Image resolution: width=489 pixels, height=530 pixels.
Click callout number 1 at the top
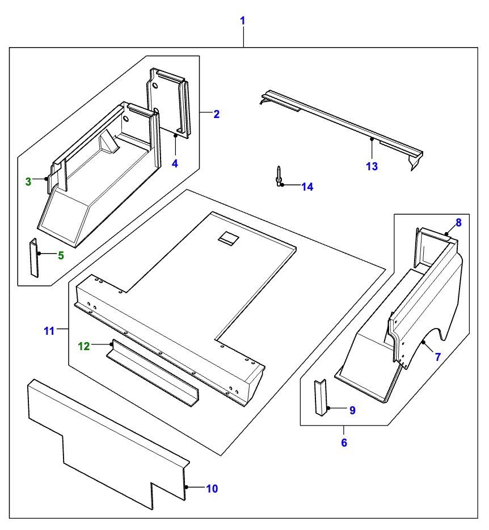tap(243, 21)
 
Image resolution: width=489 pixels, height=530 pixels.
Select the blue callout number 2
tap(216, 114)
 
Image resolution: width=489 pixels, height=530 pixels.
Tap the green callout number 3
tap(28, 182)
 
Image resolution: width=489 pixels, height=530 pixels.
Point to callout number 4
tap(175, 163)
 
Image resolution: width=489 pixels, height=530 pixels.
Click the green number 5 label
tap(61, 255)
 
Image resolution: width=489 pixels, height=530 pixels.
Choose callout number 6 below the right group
tap(344, 443)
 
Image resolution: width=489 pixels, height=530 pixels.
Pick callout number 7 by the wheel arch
tap(437, 357)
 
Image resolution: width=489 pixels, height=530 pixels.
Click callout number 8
tap(458, 222)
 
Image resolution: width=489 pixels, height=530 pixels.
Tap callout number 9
tap(352, 410)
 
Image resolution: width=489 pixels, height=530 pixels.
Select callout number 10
tap(212, 488)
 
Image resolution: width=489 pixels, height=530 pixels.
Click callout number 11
tap(49, 330)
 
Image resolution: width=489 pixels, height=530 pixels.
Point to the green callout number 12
tap(84, 346)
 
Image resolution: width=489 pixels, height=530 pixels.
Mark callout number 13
tap(372, 166)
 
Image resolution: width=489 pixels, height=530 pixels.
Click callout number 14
tap(307, 187)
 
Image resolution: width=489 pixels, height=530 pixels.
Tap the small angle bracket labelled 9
tap(321, 398)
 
